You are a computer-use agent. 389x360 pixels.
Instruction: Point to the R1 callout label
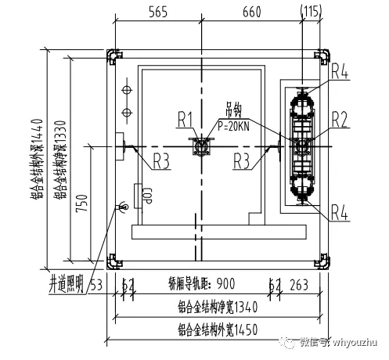pos(185,120)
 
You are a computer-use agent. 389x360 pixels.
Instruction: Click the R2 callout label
pos(339,119)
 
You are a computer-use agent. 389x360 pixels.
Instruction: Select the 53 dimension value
pos(97,283)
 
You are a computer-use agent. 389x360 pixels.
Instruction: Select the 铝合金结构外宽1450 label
pos(217,329)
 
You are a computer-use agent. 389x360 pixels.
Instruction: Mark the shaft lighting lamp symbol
pos(121,207)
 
